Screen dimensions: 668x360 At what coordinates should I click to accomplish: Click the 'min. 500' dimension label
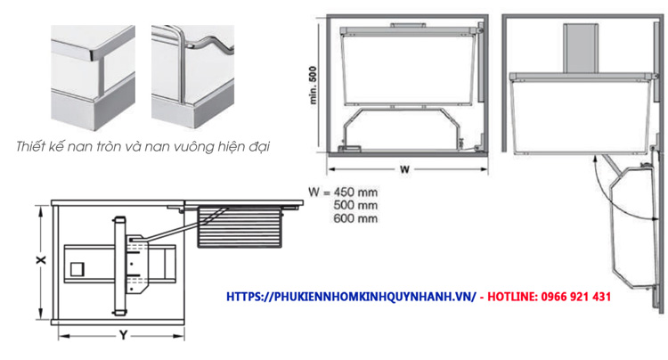point(314,86)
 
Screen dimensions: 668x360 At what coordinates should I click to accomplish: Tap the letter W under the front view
point(404,169)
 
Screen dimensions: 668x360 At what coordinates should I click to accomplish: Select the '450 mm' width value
point(355,192)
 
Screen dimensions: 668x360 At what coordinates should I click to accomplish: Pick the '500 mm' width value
point(355,205)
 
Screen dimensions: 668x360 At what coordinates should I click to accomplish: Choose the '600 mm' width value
point(355,218)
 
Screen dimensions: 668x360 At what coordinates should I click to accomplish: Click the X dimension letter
point(41,260)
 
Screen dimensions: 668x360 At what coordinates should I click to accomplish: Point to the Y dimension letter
point(123,335)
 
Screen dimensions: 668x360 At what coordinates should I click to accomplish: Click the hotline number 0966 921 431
point(576,297)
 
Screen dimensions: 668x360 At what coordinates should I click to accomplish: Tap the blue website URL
point(351,297)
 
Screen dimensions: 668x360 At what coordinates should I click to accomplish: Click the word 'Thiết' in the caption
point(30,146)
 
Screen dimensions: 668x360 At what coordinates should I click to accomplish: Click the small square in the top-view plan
point(77,269)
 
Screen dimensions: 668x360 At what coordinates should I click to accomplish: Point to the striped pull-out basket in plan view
point(240,226)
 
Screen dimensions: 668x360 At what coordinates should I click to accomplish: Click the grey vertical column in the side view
point(581,48)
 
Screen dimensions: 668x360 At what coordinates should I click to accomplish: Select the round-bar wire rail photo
point(192,77)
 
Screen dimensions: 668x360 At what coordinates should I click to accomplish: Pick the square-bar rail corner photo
point(93,78)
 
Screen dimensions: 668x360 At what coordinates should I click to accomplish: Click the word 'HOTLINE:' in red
point(512,297)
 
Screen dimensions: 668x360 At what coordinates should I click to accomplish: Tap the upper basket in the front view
point(408,66)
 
